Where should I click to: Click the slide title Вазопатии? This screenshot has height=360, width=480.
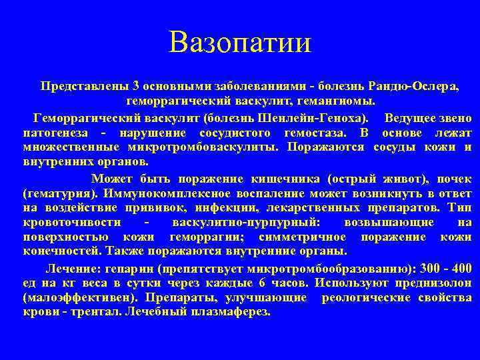click(240, 43)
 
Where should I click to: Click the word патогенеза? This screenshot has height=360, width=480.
click(51, 133)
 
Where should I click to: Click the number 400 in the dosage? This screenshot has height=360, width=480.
click(460, 269)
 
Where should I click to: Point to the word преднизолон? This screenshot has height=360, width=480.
click(438, 283)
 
